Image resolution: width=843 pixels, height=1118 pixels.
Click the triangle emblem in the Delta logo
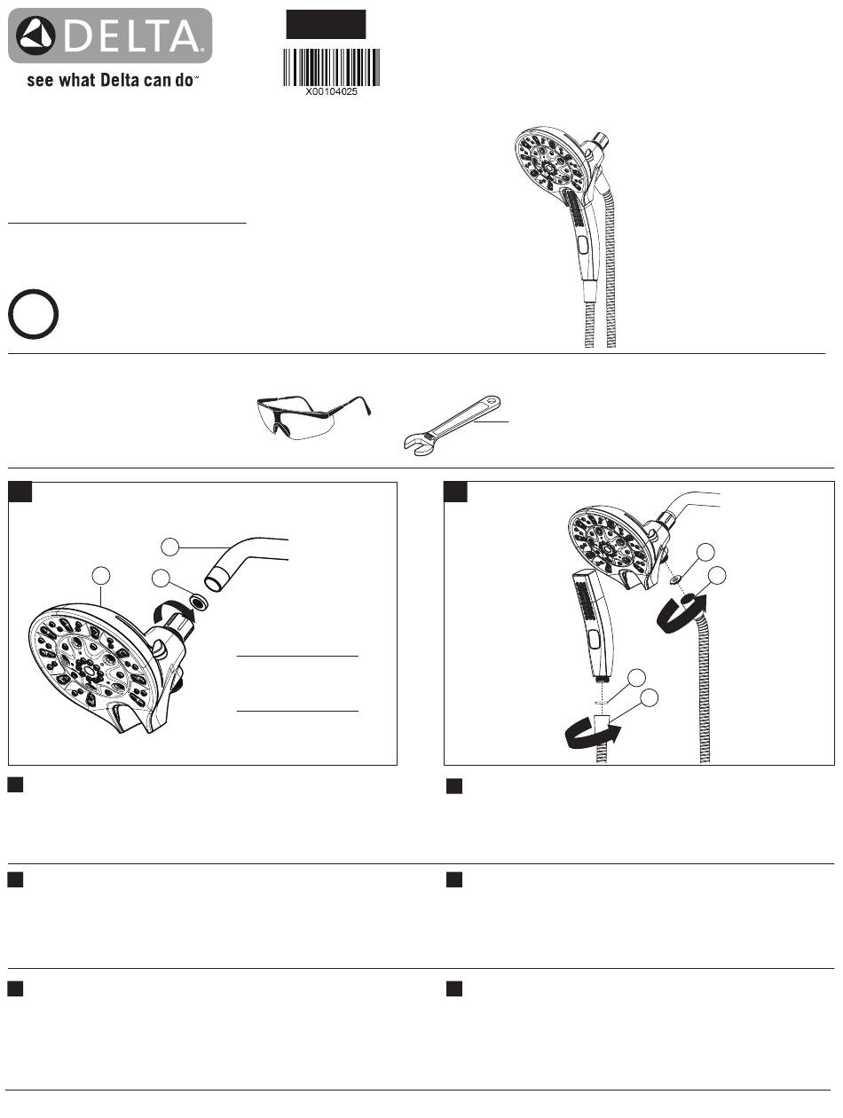[x=35, y=35]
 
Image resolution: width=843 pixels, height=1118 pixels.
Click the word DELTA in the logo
[x=132, y=35]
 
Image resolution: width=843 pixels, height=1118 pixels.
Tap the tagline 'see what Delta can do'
[x=112, y=80]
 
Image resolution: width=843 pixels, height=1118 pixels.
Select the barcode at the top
[x=331, y=67]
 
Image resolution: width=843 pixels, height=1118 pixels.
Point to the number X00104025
[x=331, y=91]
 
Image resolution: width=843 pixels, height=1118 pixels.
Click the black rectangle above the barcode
[x=326, y=25]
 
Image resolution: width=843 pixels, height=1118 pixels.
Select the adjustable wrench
[x=453, y=424]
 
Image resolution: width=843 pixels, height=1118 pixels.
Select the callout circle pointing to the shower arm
[x=170, y=547]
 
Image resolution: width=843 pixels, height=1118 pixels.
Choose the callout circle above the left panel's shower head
[x=101, y=576]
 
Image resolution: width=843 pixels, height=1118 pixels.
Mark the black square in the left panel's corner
[x=20, y=492]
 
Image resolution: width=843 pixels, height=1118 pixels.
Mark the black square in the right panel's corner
[x=455, y=492]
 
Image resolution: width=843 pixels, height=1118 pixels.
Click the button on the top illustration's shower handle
[x=583, y=243]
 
